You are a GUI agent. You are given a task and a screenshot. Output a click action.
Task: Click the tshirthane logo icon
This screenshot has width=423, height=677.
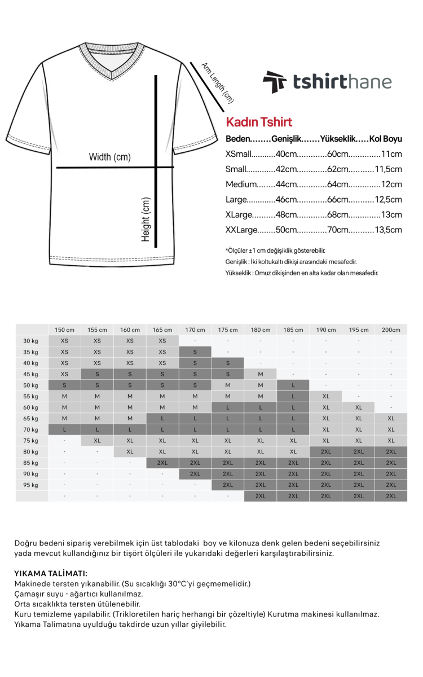point(275,82)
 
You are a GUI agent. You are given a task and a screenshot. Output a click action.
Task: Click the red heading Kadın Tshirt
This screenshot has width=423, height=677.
point(259,122)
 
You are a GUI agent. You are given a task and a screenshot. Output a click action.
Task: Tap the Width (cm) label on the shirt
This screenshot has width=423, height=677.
point(109,157)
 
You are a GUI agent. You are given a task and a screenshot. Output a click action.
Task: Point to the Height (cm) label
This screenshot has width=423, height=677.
point(146,219)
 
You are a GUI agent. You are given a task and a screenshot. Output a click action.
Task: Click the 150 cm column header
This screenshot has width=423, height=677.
point(64,330)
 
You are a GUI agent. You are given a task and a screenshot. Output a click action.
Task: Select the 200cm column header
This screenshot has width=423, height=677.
point(391,330)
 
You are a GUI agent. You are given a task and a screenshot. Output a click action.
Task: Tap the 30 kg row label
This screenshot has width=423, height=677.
point(30,341)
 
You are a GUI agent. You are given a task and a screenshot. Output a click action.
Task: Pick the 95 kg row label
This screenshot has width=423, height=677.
point(30,485)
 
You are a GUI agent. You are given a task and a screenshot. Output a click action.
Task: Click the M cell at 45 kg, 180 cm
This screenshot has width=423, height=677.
point(261,374)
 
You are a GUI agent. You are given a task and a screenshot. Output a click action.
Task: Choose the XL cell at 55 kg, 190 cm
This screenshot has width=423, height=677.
point(326,397)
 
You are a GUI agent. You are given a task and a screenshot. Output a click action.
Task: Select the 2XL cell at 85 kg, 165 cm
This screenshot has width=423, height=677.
point(162,463)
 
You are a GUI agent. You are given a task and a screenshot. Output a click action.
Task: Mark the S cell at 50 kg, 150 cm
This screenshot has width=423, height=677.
point(64,385)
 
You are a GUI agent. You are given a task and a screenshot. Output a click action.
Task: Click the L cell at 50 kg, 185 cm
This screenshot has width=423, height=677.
point(293,385)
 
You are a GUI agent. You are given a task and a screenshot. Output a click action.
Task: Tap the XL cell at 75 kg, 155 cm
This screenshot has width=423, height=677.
point(97,441)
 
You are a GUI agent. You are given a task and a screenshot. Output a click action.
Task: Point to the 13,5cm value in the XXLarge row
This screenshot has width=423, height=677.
point(388,230)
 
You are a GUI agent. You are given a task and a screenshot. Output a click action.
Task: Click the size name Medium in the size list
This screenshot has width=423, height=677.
point(241,184)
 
